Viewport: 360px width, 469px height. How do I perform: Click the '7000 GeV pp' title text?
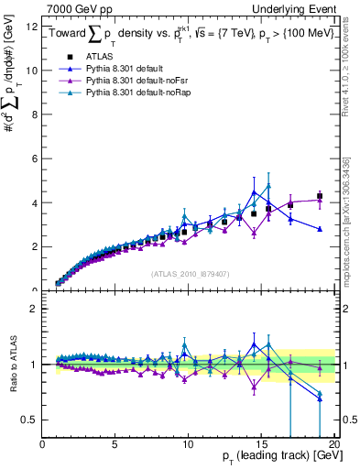(x=78, y=8)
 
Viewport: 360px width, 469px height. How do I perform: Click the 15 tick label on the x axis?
(x=260, y=444)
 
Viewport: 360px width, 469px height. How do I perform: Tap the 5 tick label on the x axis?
(x=115, y=444)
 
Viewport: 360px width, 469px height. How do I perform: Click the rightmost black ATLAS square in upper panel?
(x=320, y=196)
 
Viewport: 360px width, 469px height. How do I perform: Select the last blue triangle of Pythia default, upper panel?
(x=320, y=229)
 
